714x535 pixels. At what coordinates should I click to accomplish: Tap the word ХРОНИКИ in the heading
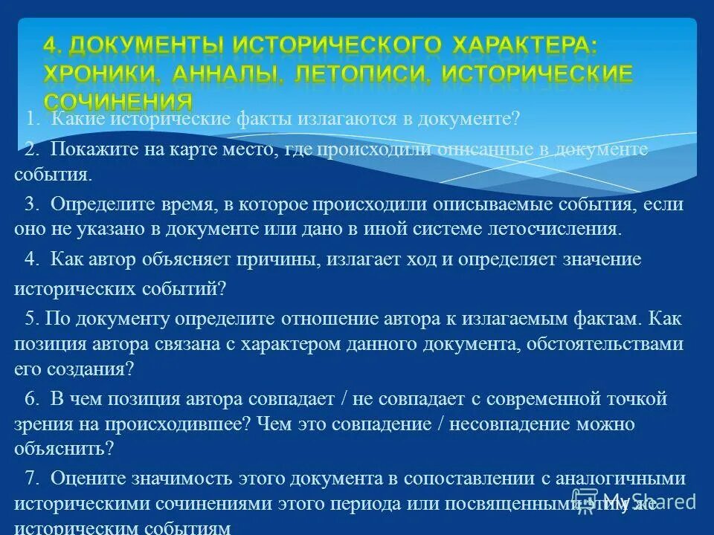point(101,74)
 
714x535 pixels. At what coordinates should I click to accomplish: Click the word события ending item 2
point(53,175)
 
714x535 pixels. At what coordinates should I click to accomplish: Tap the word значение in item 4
point(603,259)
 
